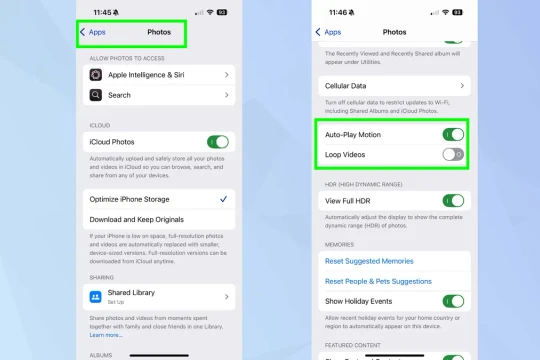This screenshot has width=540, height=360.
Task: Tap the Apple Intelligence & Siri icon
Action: (x=96, y=75)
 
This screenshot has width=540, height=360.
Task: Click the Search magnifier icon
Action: (x=96, y=96)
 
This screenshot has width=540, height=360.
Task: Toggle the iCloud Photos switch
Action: (x=217, y=142)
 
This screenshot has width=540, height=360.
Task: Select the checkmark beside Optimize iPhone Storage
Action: (x=223, y=199)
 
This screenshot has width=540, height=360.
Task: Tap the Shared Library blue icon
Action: (x=96, y=296)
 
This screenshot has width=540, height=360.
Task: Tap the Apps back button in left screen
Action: (x=93, y=32)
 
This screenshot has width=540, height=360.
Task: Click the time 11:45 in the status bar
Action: (x=101, y=12)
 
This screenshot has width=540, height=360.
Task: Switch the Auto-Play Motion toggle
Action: (x=453, y=134)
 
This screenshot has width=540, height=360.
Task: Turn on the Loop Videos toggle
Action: (x=453, y=154)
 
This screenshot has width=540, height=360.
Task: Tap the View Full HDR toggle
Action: (x=453, y=201)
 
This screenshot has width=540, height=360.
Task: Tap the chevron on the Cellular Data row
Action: (x=461, y=87)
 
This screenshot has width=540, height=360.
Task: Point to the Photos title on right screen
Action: (x=394, y=32)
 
